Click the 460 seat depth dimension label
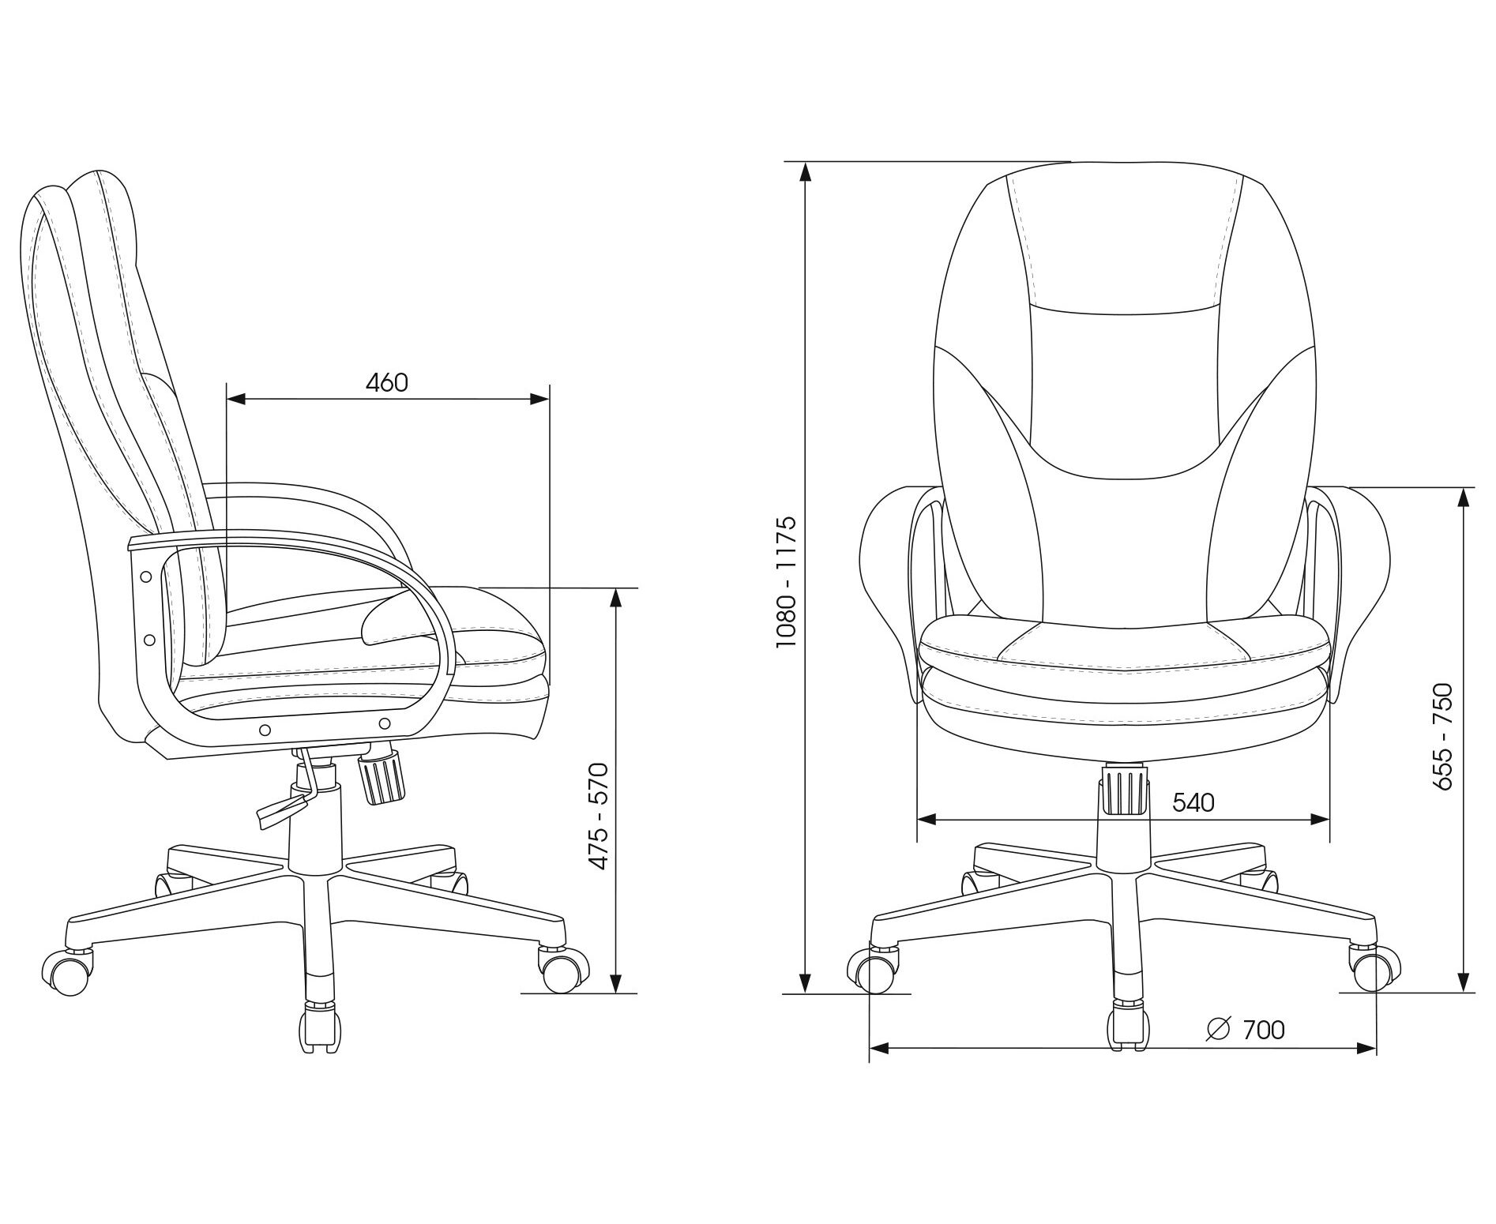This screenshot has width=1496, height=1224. point(387,382)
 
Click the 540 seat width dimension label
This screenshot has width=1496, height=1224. point(1193,802)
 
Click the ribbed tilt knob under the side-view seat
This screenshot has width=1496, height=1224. point(382,778)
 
